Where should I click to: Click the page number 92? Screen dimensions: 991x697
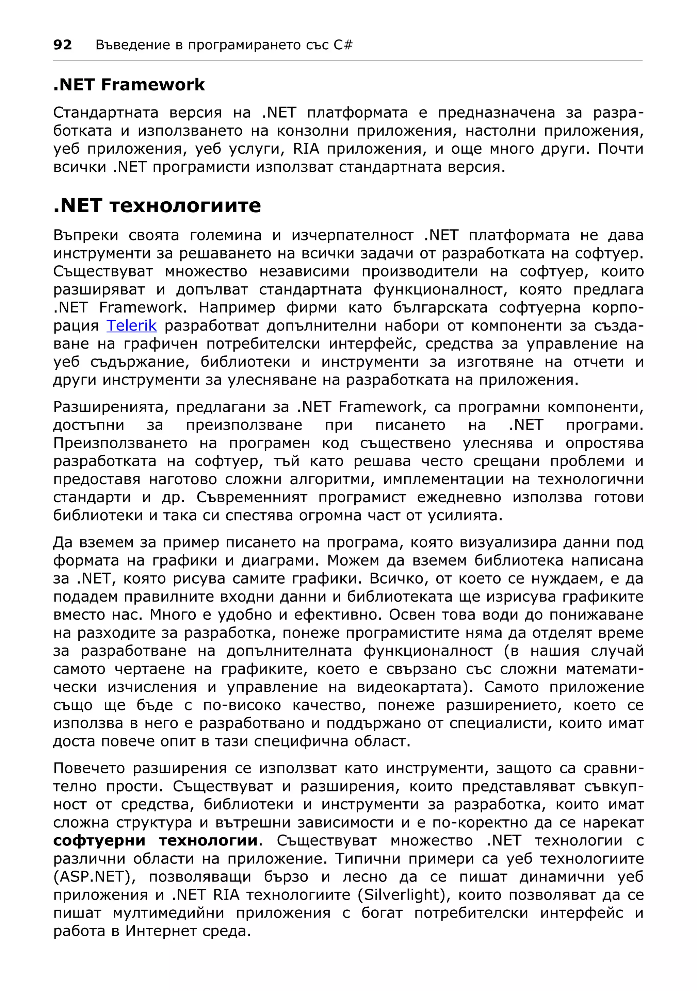62,45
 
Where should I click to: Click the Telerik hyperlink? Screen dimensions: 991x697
131,325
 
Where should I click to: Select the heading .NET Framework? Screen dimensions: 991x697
129,85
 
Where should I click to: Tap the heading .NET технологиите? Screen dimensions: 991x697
157,205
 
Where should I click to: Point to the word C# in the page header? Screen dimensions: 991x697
343,45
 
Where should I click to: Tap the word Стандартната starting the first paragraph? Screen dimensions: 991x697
106,113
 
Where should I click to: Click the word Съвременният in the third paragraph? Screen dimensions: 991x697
252,497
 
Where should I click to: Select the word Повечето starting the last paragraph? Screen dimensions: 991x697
88,768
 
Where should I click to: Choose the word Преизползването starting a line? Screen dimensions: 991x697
120,443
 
